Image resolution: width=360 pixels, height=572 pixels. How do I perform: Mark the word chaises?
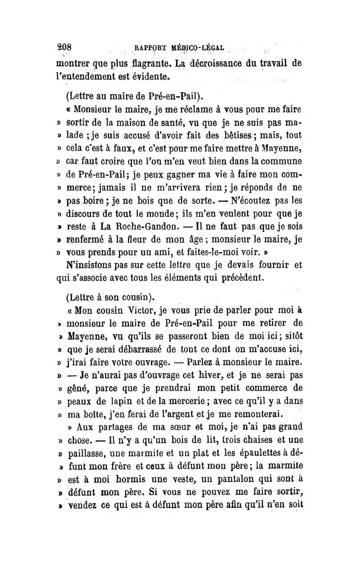[255, 437]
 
